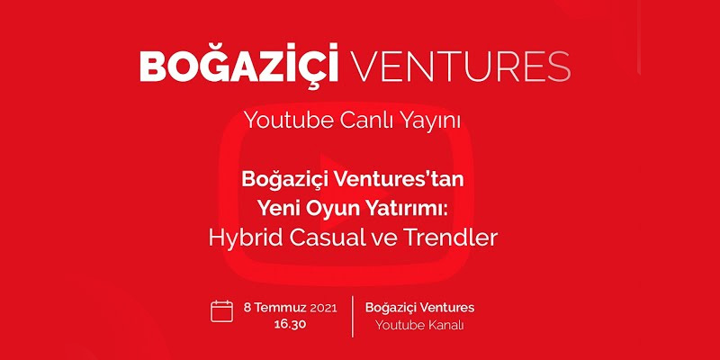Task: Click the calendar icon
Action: click(x=221, y=310)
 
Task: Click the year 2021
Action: click(x=324, y=308)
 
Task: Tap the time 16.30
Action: click(x=290, y=324)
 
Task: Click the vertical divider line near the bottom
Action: click(x=353, y=317)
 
